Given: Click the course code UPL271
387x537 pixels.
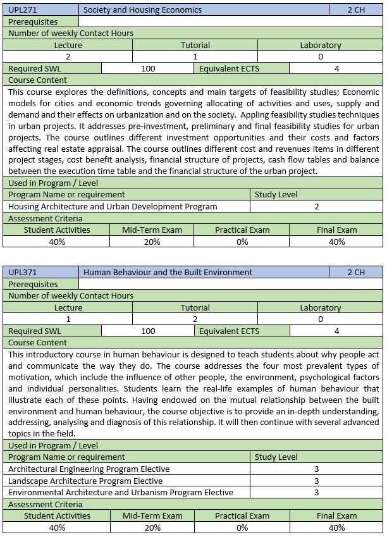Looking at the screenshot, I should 22,9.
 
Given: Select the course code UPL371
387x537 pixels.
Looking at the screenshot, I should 22,272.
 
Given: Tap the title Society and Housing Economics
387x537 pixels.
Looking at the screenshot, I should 143,9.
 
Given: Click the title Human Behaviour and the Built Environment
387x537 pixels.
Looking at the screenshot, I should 168,272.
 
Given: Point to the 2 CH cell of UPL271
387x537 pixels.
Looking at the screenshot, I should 356,9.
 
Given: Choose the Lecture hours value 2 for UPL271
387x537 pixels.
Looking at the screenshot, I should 68,57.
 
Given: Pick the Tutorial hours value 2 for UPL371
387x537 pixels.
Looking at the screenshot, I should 195,319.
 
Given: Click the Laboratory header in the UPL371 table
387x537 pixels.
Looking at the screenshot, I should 321,308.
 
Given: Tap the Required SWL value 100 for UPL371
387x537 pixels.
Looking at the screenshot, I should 148,331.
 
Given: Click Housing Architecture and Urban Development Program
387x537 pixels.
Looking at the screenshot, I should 113,206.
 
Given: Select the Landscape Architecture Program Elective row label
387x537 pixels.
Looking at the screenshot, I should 85,481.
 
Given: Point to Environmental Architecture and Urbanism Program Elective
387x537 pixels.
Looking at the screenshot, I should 112,492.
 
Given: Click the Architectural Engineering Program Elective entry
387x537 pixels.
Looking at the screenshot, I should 89,469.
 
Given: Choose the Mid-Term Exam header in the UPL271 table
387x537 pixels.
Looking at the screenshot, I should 152,230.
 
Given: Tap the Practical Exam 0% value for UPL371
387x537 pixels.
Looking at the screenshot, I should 242,528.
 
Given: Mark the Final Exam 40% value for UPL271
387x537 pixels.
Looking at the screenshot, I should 337,242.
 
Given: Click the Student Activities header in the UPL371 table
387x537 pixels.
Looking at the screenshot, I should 57,515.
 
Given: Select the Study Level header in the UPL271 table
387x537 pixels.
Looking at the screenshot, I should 276,194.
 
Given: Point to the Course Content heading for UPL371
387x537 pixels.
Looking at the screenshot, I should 38,342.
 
